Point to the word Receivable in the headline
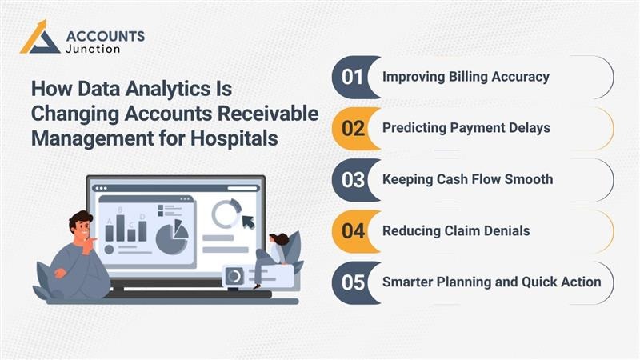point(270,112)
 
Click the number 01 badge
point(353,78)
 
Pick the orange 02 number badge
point(353,128)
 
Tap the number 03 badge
point(353,179)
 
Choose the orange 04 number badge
point(353,231)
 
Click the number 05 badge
point(353,282)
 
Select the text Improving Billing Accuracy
point(466,78)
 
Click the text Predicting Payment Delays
point(466,128)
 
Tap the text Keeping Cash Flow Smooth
point(467,179)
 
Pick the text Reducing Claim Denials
point(455,231)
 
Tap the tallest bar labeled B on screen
point(120,227)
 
